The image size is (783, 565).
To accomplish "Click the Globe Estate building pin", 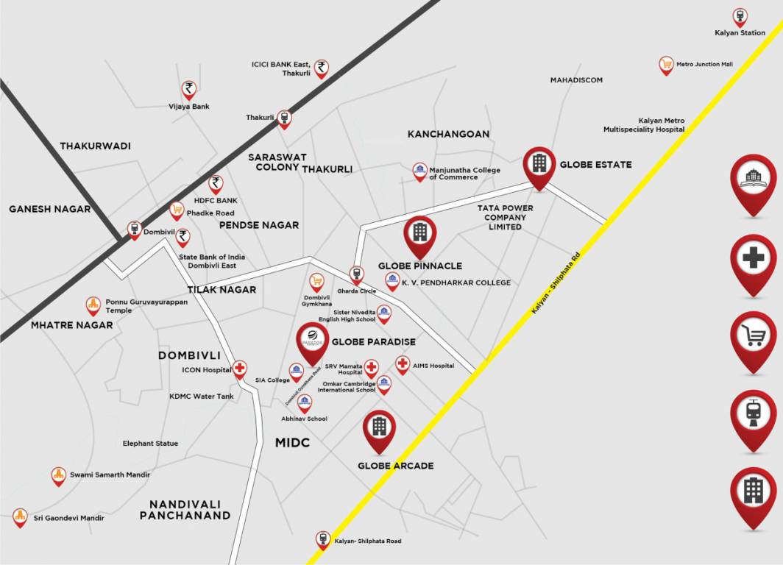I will tap(539, 164).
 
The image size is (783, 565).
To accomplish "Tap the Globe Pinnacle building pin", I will tap(419, 233).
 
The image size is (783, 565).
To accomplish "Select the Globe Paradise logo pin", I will tap(312, 341).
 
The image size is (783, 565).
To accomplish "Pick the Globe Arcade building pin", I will tap(379, 427).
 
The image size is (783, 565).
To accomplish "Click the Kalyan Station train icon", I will tap(740, 16).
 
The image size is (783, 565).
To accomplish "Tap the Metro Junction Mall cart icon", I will tap(666, 65).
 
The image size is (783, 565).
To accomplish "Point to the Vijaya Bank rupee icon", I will tap(189, 90).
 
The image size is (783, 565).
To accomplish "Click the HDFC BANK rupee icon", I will tap(216, 182).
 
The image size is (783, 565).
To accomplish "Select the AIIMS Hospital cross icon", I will tap(402, 363).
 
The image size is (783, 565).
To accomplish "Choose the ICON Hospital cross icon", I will tap(240, 368).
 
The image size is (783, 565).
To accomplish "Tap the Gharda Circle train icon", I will tap(356, 274).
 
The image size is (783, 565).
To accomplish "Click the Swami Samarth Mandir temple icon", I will tap(59, 475).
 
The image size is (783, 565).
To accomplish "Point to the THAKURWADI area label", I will tap(95, 146).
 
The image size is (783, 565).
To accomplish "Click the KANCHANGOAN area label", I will tap(448, 134).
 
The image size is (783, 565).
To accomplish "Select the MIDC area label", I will tap(292, 442).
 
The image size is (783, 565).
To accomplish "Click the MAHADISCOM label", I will tap(576, 80).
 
